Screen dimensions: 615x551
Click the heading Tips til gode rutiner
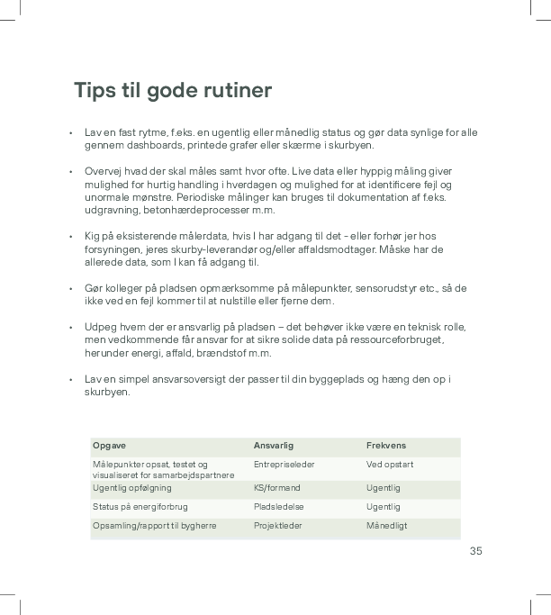(x=173, y=91)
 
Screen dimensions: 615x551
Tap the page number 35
(x=475, y=550)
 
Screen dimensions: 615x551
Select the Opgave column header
(x=109, y=446)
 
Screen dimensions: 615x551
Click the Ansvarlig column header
(x=274, y=446)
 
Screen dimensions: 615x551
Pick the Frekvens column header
(x=385, y=446)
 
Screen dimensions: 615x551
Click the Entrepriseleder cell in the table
(x=284, y=465)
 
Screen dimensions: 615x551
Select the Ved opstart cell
(x=390, y=465)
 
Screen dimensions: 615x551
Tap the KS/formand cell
(x=276, y=488)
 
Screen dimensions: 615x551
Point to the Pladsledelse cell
(x=279, y=507)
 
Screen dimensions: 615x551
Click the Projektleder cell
(x=278, y=526)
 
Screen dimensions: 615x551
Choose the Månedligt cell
(x=387, y=526)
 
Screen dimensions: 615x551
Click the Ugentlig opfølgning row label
(x=131, y=488)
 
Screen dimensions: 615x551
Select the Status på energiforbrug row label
(x=140, y=507)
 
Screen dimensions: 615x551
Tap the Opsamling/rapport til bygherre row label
(x=154, y=526)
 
